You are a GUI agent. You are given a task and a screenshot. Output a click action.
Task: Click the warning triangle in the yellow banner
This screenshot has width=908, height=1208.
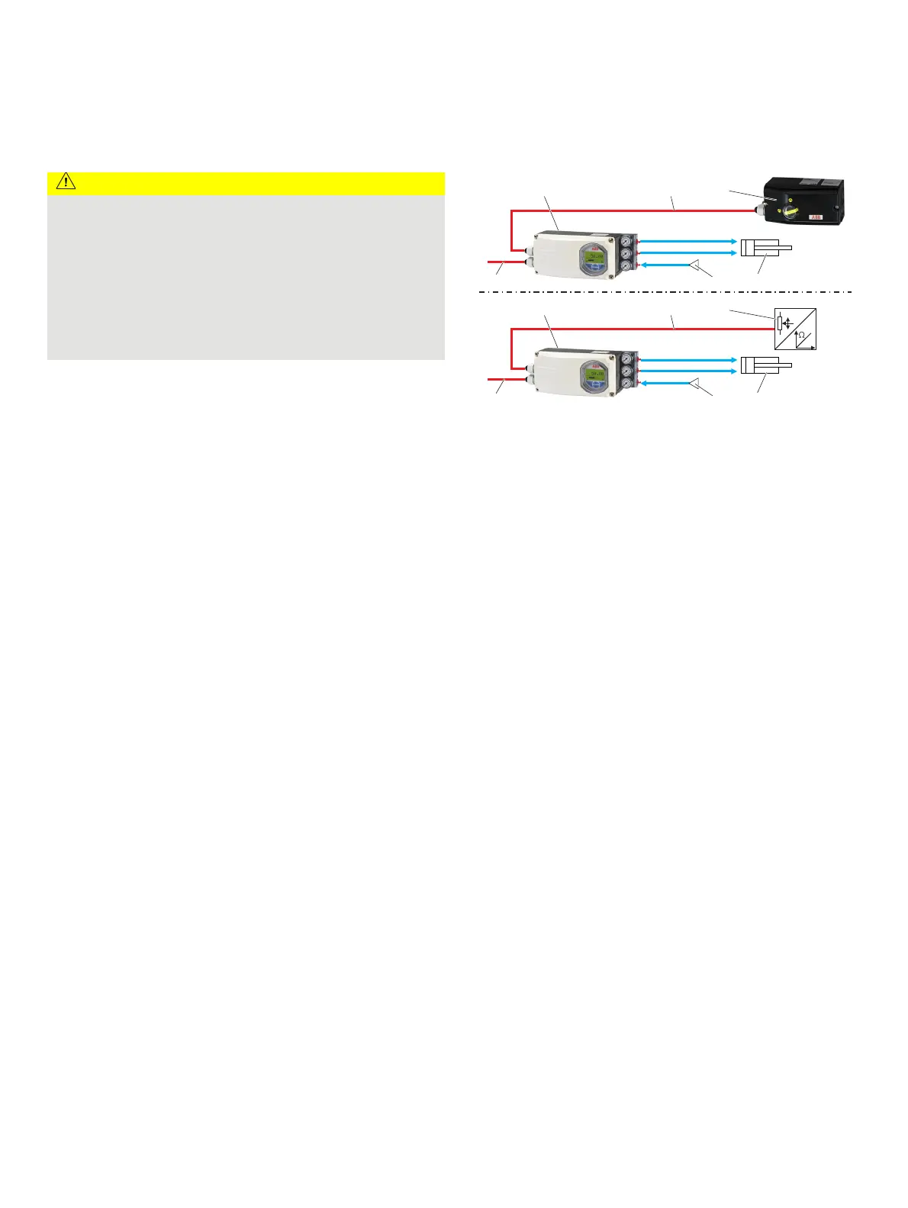click(x=66, y=182)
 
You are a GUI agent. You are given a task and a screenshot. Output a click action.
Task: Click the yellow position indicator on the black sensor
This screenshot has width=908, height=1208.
click(x=790, y=211)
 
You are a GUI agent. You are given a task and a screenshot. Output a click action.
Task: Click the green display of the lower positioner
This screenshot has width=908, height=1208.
click(x=594, y=375)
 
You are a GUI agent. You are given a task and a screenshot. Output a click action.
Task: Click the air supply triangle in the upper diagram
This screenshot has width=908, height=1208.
click(x=695, y=265)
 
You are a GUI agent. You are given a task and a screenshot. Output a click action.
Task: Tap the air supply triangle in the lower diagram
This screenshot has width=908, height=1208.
click(x=695, y=383)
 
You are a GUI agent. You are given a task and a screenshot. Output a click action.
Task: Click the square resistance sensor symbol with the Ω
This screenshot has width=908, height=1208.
click(x=795, y=329)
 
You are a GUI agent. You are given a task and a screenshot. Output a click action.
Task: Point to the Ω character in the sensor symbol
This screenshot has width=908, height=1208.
click(x=800, y=336)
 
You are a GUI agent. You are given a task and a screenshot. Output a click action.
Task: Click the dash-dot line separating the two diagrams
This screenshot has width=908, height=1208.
click(x=664, y=292)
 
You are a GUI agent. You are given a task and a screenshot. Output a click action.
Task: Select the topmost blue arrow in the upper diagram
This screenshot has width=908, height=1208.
click(x=687, y=240)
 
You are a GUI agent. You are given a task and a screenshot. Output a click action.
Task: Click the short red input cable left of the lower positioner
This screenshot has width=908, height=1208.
click(x=504, y=379)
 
